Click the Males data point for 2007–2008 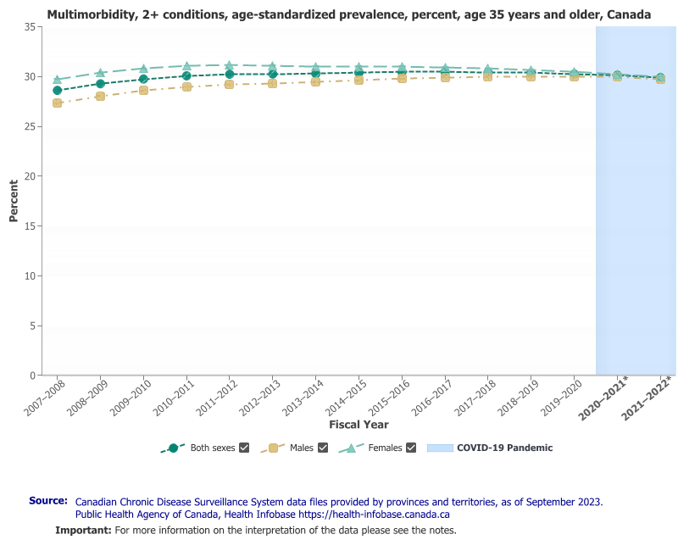point(57,103)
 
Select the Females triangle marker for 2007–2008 point(57,80)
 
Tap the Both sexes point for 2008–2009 point(100,84)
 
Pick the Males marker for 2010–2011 point(186,86)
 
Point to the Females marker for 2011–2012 point(230,65)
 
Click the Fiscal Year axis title point(358,424)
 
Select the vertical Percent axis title point(14,201)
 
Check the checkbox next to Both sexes point(244,448)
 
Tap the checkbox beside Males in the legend point(322,448)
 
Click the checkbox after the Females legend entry point(411,448)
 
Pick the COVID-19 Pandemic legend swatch point(440,448)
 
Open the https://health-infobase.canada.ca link point(374,514)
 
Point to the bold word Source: point(48,501)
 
